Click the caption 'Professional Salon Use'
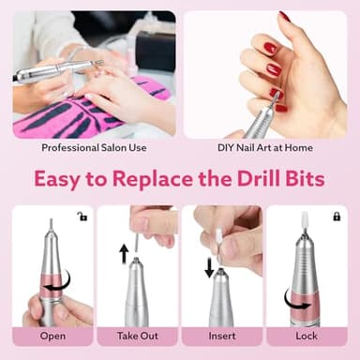[x=94, y=147]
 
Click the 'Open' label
[x=53, y=336]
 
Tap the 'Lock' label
[x=306, y=336]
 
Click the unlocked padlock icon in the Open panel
[x=82, y=217]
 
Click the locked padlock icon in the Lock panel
[x=336, y=217]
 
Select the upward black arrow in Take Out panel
[x=123, y=253]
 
